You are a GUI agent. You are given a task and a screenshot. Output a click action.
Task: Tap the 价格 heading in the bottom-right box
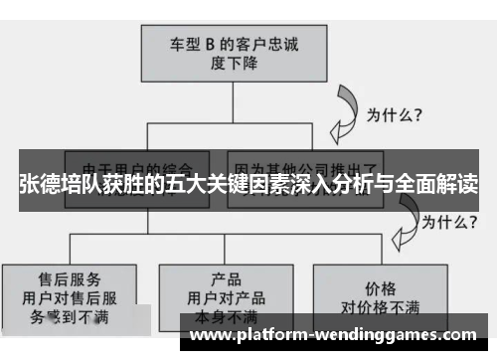pyautogui.click(x=383, y=282)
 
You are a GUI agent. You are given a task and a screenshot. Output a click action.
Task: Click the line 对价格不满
pyautogui.click(x=383, y=300)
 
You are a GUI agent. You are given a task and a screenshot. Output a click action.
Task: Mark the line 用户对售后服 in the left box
pyautogui.click(x=67, y=295)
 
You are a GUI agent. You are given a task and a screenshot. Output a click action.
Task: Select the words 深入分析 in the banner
pyautogui.click(x=327, y=185)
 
